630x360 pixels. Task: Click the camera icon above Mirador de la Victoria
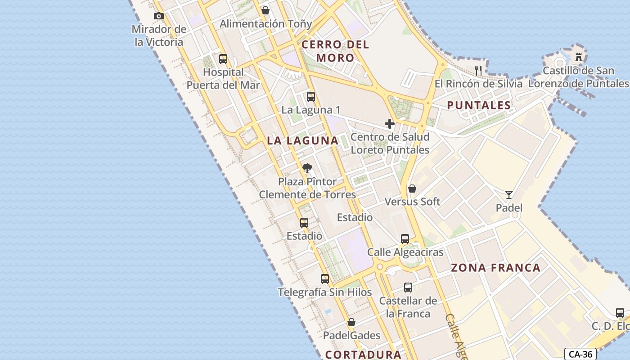point(158,16)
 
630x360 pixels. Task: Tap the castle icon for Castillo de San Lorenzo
point(579,57)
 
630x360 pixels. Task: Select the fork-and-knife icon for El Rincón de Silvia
point(478,70)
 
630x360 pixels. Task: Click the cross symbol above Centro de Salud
point(390,124)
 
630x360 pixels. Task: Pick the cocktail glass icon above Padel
point(509,194)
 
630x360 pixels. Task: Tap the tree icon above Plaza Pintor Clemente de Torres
point(307,169)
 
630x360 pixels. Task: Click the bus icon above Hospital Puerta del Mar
point(223,59)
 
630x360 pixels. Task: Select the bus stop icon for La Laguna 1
point(310,97)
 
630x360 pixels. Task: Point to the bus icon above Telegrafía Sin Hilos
point(324,279)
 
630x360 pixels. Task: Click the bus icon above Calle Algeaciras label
point(405,239)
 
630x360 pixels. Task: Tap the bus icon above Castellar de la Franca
point(408,287)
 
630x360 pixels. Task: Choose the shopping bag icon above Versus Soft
point(412,189)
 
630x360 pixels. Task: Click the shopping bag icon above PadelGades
point(351,322)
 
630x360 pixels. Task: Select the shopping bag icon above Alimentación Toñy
point(265,10)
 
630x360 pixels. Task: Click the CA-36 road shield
point(580,354)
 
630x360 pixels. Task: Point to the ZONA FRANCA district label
point(495,268)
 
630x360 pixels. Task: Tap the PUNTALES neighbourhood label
point(479,106)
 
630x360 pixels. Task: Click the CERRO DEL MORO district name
point(335,51)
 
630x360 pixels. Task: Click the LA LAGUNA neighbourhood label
point(302,140)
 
